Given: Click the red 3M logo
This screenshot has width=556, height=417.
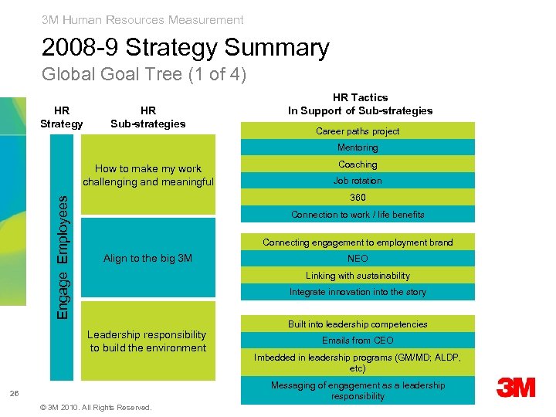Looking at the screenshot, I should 516,388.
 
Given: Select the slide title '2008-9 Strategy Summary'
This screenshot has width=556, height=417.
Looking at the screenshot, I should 185,48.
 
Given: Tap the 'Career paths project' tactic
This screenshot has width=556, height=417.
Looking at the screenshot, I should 358,131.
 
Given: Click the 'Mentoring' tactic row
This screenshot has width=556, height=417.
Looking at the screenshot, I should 358,147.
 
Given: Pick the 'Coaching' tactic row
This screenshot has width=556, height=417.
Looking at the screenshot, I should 358,164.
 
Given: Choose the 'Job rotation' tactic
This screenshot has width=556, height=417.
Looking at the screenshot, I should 358,181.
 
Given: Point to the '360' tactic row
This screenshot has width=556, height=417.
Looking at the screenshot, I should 358,198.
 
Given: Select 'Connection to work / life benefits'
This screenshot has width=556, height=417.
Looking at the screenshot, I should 358,215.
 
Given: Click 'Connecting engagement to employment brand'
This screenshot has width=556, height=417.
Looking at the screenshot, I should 358,242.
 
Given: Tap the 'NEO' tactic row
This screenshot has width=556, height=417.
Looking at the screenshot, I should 358,259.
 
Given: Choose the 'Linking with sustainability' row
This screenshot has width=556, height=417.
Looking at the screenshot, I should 358,276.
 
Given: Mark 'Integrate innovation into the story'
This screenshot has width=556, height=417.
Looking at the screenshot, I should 358,292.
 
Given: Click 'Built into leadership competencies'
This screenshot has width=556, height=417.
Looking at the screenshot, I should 358,324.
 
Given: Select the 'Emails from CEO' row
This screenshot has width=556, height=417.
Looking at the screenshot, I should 358,341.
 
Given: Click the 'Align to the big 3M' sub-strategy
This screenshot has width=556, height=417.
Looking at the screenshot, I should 147,259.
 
